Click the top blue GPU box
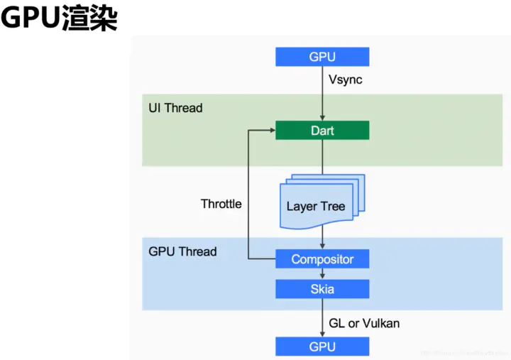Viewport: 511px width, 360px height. tap(322, 57)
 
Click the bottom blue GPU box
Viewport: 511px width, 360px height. tap(322, 347)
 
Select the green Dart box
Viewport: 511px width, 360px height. tap(322, 131)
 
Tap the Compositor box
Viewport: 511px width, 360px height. tap(322, 259)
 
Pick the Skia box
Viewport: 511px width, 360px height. tap(322, 289)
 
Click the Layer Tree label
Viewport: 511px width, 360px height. tap(316, 207)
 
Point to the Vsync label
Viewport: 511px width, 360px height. tap(346, 80)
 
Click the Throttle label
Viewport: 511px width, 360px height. tap(221, 204)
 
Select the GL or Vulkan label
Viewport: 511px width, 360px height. tap(364, 323)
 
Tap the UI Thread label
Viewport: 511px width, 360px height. tap(175, 108)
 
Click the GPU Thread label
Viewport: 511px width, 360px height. tap(182, 251)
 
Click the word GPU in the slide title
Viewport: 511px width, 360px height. tap(30, 19)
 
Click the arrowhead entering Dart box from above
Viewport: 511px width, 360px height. tap(322, 118)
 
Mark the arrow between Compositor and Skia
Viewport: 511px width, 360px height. tap(322, 274)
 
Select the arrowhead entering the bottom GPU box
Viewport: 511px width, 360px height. tap(322, 334)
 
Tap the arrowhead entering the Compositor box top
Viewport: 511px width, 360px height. tap(322, 246)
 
